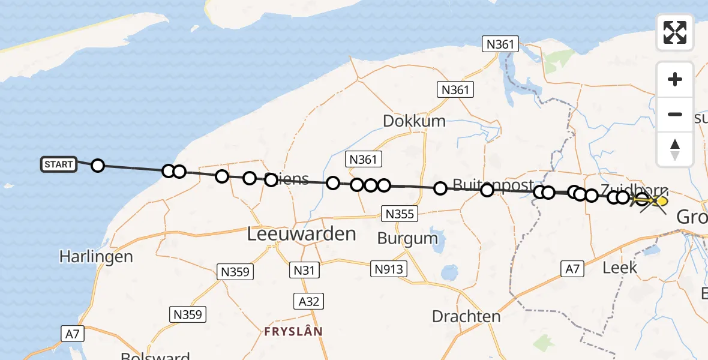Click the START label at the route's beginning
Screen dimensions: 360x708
tap(59, 164)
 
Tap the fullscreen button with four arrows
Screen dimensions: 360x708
tap(675, 32)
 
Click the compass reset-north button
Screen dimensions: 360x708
tap(675, 149)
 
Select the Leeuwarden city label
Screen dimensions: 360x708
tap(302, 234)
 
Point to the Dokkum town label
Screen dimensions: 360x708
tap(414, 121)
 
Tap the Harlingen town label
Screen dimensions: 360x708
tap(96, 257)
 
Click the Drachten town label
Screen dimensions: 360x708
tap(466, 316)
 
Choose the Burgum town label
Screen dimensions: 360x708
tap(407, 238)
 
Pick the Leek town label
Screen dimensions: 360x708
tap(619, 268)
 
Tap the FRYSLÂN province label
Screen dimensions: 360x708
tap(293, 331)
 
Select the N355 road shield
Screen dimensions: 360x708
tap(398, 214)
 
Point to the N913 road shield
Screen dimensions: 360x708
tap(389, 269)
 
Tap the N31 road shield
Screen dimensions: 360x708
tap(304, 270)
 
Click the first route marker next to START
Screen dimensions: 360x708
tap(97, 166)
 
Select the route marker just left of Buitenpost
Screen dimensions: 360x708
tap(440, 188)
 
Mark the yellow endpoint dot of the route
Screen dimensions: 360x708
tap(662, 201)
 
